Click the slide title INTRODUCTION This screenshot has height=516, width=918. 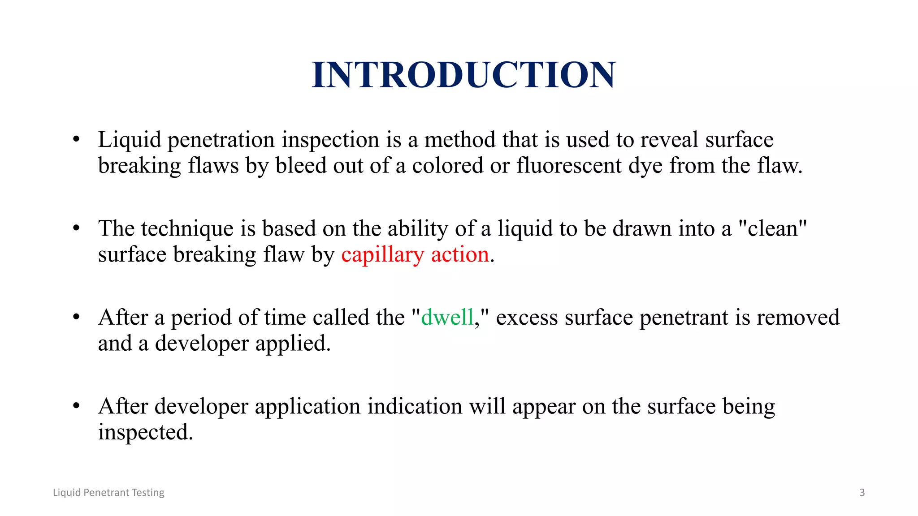pos(463,75)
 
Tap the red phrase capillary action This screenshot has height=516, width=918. pos(415,254)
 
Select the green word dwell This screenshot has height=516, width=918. pos(447,317)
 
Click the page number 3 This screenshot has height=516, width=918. pos(862,492)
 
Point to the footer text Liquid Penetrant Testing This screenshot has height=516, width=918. pos(108,492)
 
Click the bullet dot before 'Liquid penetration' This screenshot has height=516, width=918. pos(76,139)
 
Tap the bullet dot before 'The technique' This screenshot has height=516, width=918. pos(76,228)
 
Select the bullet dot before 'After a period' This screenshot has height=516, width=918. pos(76,317)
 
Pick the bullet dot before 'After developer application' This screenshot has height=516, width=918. pos(76,406)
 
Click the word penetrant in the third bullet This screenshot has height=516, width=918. pos(684,318)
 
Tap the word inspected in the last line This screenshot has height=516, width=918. pos(145,433)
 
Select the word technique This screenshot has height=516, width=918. pos(187,229)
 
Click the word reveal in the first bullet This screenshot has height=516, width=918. pos(669,139)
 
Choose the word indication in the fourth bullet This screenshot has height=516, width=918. pos(415,406)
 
